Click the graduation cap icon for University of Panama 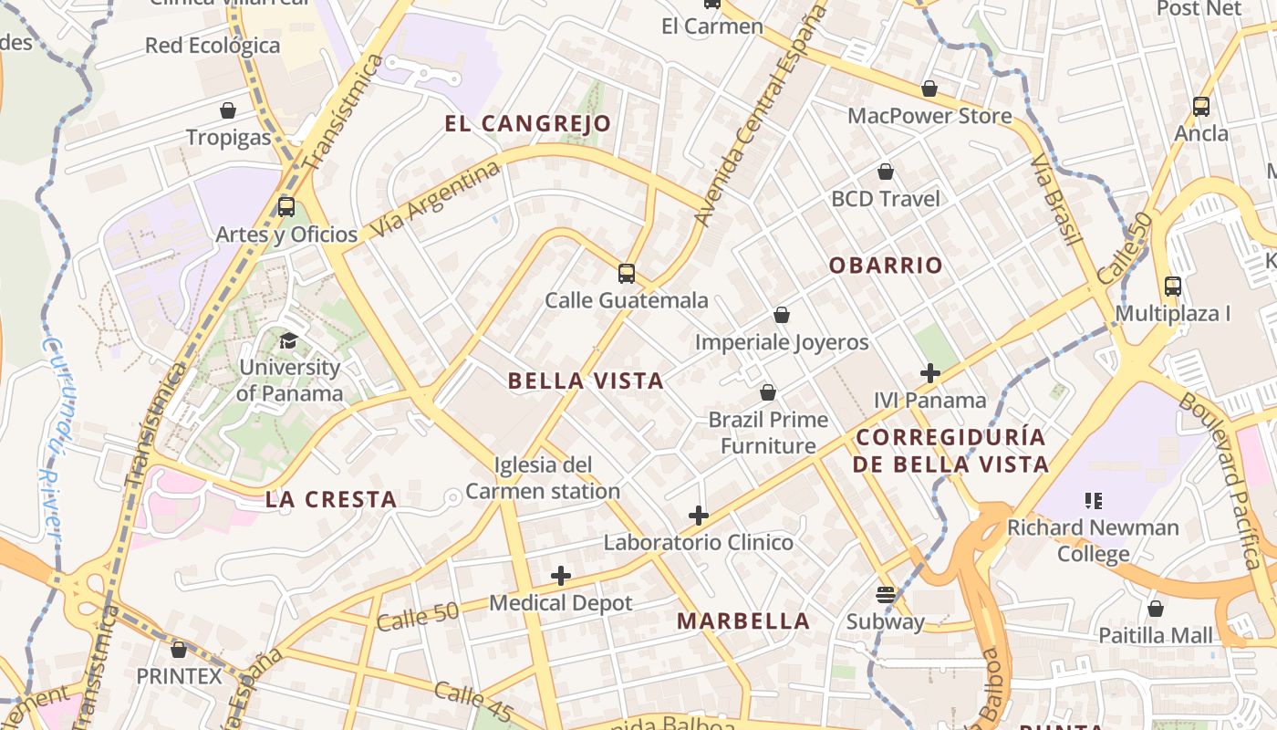[288, 340]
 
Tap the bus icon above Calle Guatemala [626, 273]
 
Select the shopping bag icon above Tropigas [228, 110]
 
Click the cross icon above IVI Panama [929, 373]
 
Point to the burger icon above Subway [885, 595]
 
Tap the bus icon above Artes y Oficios [286, 207]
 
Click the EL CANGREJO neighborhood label [527, 124]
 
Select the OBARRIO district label [885, 266]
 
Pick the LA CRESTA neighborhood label [331, 499]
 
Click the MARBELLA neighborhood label [742, 621]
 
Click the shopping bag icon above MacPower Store [929, 89]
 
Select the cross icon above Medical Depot [561, 576]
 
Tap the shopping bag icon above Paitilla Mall [1156, 609]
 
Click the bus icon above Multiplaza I [1173, 287]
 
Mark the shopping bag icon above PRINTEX [179, 650]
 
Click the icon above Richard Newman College [1093, 500]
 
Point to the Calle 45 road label [473, 701]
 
